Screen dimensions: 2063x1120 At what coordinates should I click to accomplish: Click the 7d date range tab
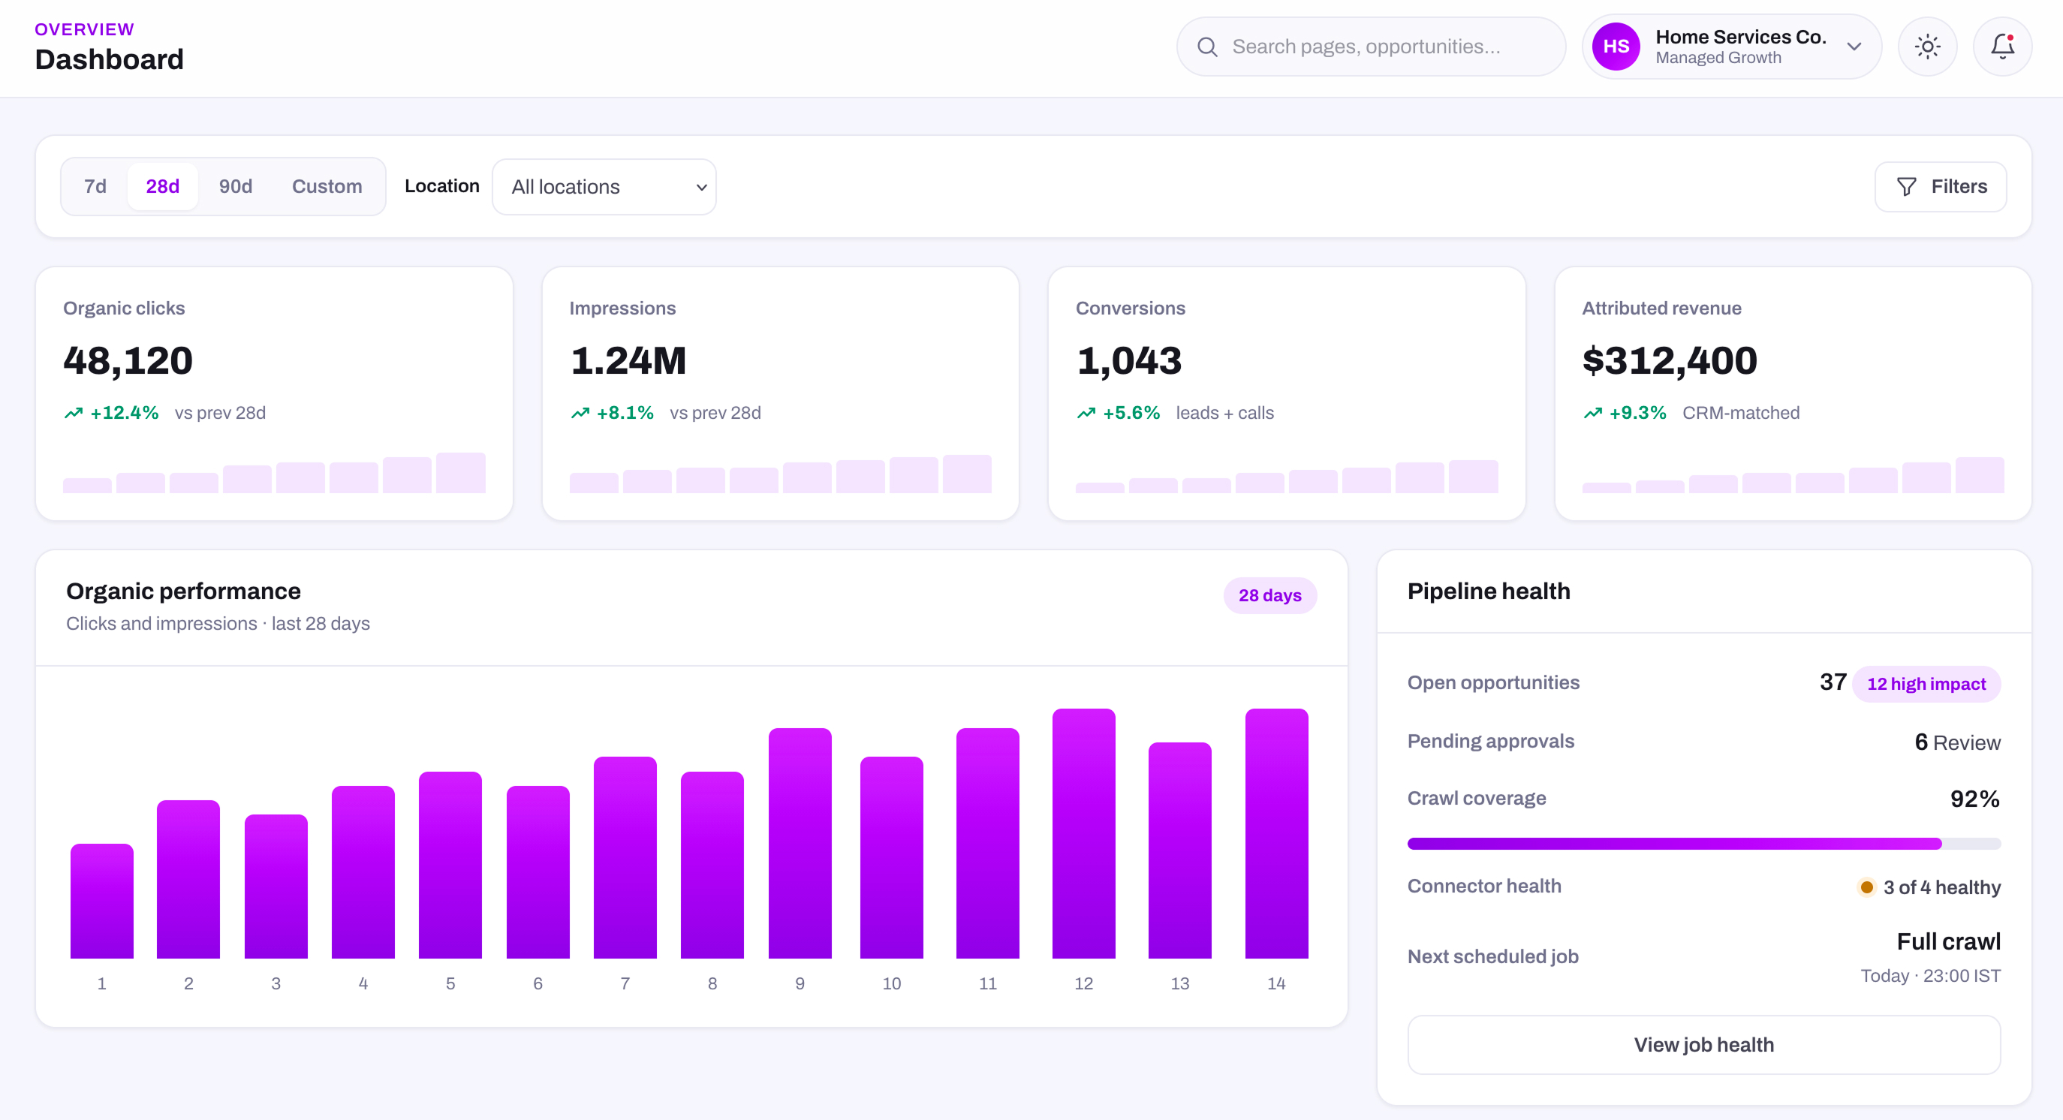point(95,186)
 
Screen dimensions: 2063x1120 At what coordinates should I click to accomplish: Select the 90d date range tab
point(236,186)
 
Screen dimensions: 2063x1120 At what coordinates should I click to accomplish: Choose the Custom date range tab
point(327,186)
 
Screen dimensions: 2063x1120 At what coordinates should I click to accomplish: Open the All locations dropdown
point(604,186)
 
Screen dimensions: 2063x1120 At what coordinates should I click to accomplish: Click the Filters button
point(1941,186)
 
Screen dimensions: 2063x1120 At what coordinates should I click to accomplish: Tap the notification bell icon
point(2002,47)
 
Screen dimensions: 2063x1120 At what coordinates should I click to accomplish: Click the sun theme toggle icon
point(1927,47)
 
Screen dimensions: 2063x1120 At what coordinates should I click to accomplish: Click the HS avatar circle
point(1616,47)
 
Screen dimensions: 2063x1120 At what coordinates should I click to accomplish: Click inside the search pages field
point(1371,47)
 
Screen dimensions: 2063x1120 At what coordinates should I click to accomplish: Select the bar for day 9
point(800,843)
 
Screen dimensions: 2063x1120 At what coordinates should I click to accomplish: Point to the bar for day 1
point(101,901)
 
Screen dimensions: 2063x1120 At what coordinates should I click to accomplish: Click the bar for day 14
point(1276,833)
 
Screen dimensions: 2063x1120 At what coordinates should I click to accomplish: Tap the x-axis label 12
point(1083,983)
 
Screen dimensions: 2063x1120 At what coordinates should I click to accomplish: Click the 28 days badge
point(1270,595)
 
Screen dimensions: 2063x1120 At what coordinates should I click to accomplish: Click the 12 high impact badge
point(1926,684)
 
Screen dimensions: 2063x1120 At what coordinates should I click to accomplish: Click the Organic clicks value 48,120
point(128,360)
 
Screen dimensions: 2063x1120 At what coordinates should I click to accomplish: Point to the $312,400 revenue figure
point(1670,360)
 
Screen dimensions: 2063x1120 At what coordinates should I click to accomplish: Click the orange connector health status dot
point(1867,887)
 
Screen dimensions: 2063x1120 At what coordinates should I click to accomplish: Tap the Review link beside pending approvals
point(1966,743)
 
